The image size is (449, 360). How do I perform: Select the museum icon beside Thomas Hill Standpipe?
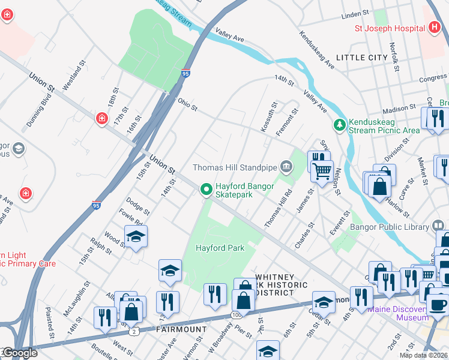(286, 166)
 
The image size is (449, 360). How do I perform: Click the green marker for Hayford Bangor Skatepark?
(206, 190)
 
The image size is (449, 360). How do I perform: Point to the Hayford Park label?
(220, 248)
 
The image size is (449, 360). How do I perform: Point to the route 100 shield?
(237, 314)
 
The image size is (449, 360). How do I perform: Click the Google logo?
(19, 353)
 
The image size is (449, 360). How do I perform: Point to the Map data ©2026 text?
(424, 355)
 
